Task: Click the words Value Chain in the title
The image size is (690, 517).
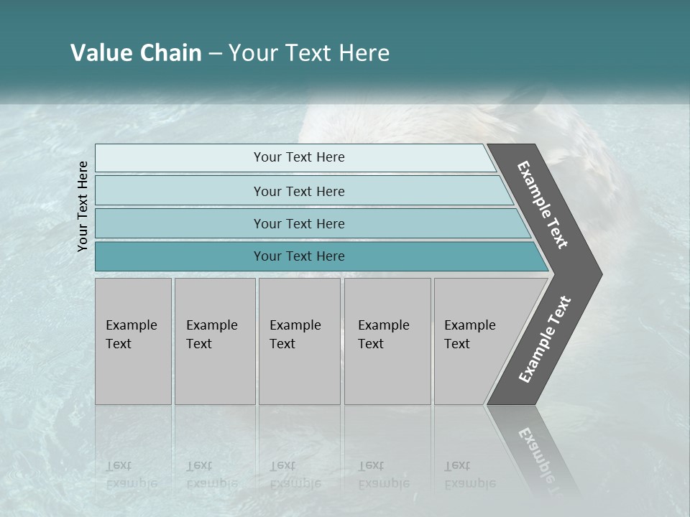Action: click(136, 53)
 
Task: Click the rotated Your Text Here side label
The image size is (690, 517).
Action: click(83, 206)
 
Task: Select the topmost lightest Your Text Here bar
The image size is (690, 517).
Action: click(298, 157)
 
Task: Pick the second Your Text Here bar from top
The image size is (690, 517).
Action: click(298, 191)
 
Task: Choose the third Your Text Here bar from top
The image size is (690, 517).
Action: click(298, 223)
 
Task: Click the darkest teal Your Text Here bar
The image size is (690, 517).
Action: click(298, 256)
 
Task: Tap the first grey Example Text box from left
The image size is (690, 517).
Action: click(133, 341)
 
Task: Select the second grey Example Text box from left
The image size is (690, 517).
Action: click(214, 341)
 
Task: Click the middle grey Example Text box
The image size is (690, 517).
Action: click(299, 341)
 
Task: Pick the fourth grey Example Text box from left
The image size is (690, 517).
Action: click(387, 341)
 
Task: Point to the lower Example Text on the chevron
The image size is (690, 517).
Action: click(545, 339)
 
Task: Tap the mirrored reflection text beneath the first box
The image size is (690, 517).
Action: click(132, 475)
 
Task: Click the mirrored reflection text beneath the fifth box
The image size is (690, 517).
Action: click(470, 475)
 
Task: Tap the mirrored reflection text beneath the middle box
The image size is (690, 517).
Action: click(295, 475)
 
